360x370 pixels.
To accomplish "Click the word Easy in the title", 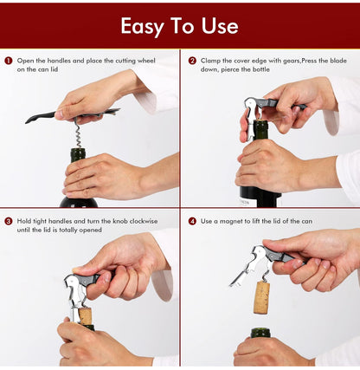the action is pos(143,27).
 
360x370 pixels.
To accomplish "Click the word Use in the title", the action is pos(220,26).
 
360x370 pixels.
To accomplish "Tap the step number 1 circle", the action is pos(9,61).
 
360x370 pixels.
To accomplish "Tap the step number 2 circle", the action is pos(192,61).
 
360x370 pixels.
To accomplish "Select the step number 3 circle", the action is pos(9,221).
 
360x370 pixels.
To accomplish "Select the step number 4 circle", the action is pos(192,221).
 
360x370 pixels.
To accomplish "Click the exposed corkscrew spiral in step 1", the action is pos(78,134).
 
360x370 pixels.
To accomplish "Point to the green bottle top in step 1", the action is pos(78,154).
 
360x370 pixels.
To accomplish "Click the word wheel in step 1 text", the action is pos(146,61).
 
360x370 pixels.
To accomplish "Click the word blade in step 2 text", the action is pos(338,61).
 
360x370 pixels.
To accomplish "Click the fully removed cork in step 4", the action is pos(262,298).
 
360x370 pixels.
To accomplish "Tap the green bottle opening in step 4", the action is pos(260,333).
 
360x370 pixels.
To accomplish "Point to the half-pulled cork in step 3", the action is pos(86,315).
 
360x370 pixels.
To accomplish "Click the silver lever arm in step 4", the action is pos(240,278).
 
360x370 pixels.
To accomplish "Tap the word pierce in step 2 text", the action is pos(232,69).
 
